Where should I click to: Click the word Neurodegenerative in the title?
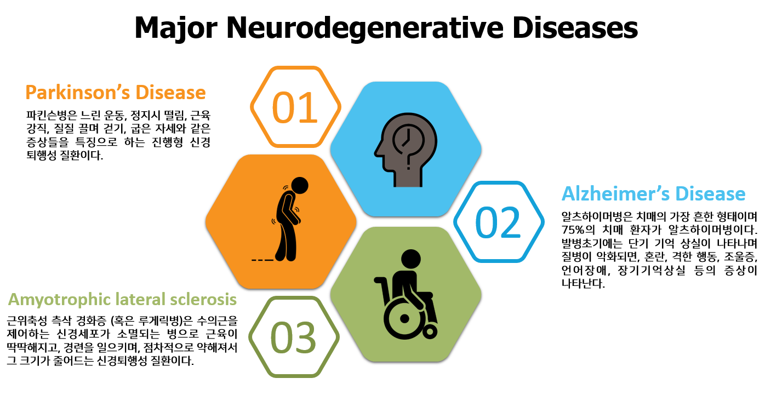coord(365,27)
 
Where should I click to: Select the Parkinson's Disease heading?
coord(116,92)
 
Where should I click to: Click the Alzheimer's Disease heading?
coord(653,193)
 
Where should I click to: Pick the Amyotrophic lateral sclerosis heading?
coord(122,300)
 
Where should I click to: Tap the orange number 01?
coord(295,108)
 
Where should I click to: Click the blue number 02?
coord(498,222)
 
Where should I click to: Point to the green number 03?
coord(293,338)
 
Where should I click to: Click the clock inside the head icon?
coord(408,140)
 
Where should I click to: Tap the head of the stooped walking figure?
coord(300,186)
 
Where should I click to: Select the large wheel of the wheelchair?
coord(405,318)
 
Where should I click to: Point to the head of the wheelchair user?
coord(411,259)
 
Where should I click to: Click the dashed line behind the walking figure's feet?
coord(262,260)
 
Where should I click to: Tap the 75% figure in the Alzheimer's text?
coord(574,230)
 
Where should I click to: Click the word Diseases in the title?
coord(575,27)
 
